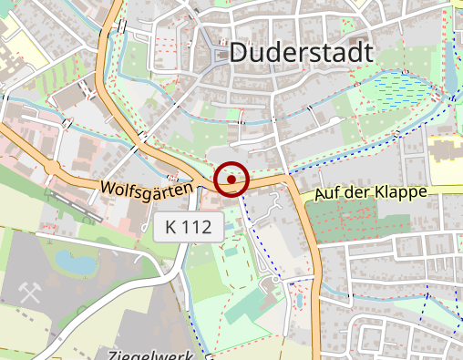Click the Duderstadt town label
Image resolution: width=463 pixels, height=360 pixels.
pos(301,53)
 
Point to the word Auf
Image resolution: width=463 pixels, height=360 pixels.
pos(327,195)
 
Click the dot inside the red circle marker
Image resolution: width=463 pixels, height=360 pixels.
pos(231,180)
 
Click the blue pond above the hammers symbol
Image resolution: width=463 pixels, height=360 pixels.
pos(75,263)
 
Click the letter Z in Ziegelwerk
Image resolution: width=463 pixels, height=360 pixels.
pos(112,354)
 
